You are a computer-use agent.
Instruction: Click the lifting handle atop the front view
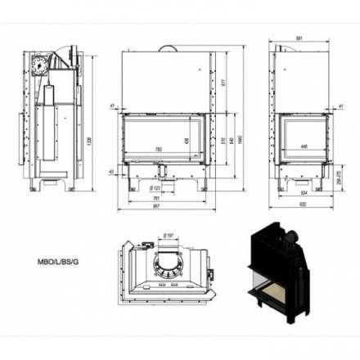click(x=168, y=48)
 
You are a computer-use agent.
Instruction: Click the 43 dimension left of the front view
click(x=112, y=171)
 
